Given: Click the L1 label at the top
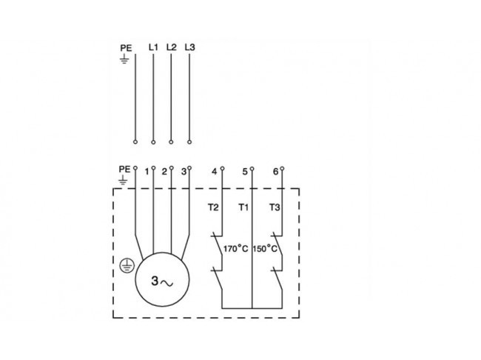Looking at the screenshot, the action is pyautogui.click(x=153, y=47).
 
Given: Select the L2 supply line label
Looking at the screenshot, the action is pyautogui.click(x=172, y=47).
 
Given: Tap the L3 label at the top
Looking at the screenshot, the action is pyautogui.click(x=189, y=47).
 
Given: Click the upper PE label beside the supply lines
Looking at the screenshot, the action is pyautogui.click(x=126, y=48).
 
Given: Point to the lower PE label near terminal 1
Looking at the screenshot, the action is pyautogui.click(x=124, y=169).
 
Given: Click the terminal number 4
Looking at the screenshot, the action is pyautogui.click(x=214, y=171).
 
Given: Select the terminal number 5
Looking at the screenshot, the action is pyautogui.click(x=245, y=171).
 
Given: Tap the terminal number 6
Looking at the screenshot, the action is pyautogui.click(x=275, y=171).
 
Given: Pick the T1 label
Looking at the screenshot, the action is pyautogui.click(x=243, y=207).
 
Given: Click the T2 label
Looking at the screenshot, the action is pyautogui.click(x=213, y=207).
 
